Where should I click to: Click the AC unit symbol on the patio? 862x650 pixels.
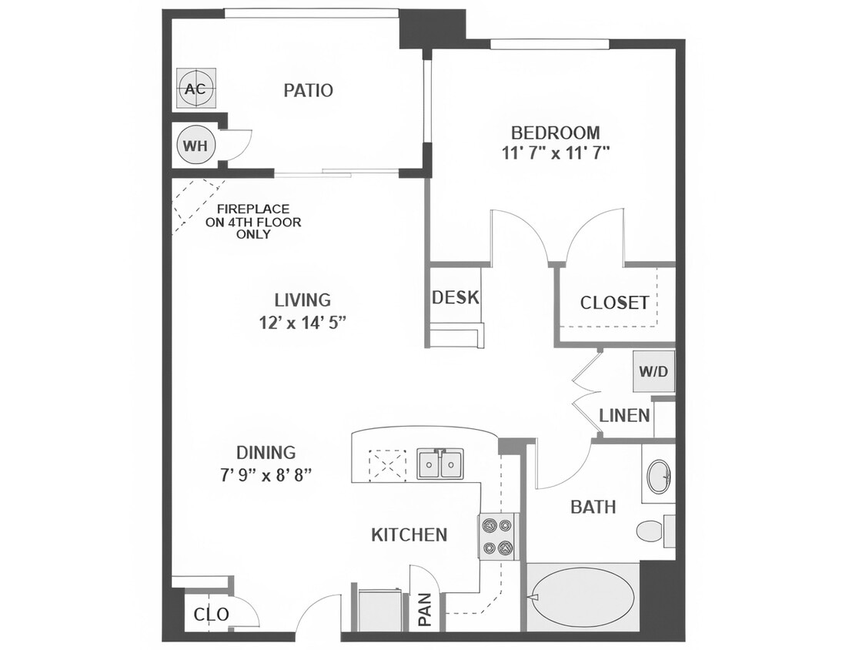[195, 89]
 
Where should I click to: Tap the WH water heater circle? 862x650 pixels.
[195, 146]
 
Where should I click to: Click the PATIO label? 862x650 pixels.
[308, 91]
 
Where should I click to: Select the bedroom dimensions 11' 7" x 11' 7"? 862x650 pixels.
[555, 152]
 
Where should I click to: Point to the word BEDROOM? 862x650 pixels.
[555, 132]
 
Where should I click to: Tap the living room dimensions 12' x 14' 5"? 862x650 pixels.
[302, 322]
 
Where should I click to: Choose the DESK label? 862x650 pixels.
[456, 297]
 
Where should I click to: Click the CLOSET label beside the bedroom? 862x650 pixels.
[614, 303]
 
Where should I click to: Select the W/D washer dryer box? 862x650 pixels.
[653, 371]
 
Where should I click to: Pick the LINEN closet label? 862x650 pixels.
[624, 416]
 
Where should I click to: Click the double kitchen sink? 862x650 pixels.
[440, 464]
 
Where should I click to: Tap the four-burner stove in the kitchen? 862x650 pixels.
[497, 536]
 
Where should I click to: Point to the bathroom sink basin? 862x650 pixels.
[658, 477]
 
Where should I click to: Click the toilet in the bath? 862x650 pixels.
[653, 531]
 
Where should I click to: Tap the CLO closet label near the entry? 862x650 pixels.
[211, 615]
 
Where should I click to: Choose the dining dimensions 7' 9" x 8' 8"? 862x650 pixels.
[266, 474]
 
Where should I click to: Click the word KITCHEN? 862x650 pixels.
[409, 534]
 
